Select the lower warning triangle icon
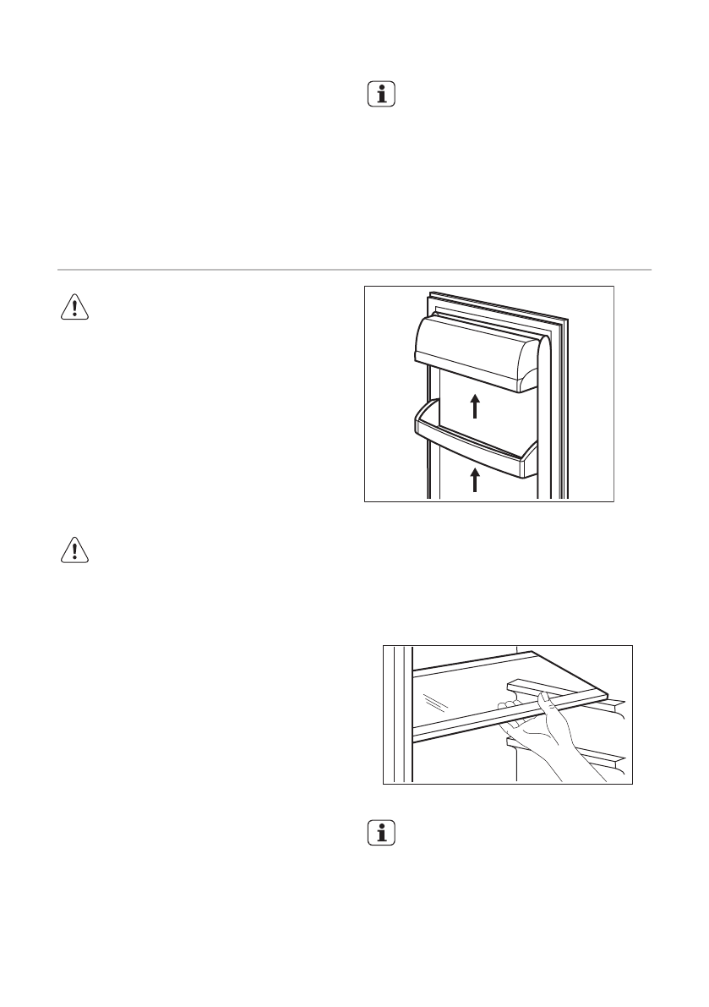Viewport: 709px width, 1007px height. click(74, 550)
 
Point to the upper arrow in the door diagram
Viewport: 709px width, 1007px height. click(475, 405)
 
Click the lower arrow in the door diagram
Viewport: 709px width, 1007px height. click(475, 479)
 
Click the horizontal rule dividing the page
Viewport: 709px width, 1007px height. click(354, 270)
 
